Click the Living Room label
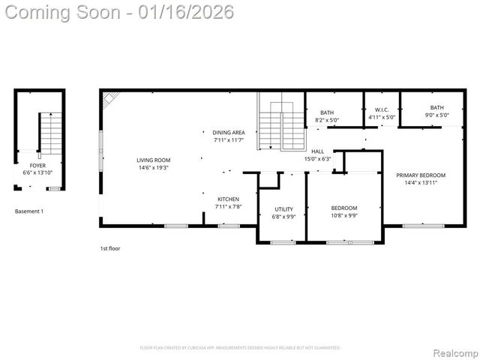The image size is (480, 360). coord(153,160)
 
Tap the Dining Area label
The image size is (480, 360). coord(228,132)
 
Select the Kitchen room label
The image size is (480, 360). coord(228,199)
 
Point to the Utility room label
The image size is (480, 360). coord(283,209)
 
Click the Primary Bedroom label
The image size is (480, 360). coord(421,175)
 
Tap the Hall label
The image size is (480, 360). coord(317,151)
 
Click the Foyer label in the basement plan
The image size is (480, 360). coord(37,165)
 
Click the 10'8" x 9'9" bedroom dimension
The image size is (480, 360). coord(344,215)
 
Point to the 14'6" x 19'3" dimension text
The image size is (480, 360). coord(153,168)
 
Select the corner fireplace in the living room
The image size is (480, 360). coord(111,98)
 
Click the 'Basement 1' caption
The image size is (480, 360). coord(29,211)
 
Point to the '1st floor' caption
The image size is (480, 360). coord(110,248)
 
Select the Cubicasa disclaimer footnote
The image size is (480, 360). coord(240,347)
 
